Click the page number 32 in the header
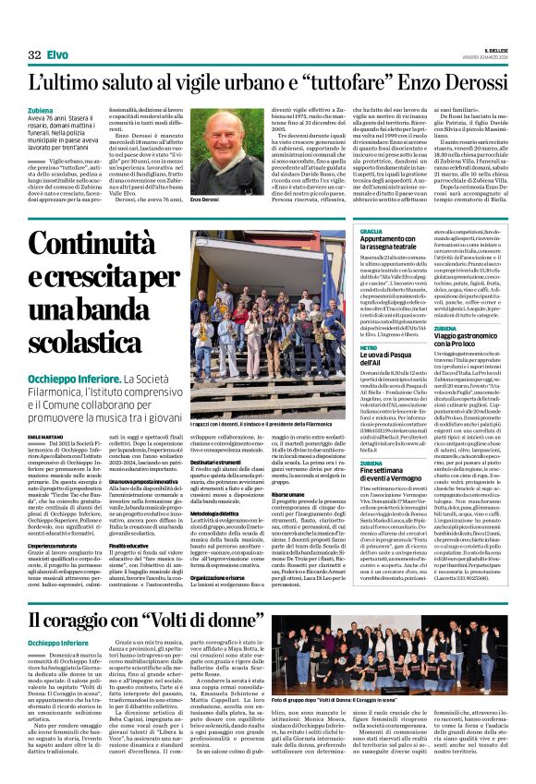coord(34,55)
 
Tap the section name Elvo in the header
coord(57,55)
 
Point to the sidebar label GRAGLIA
coord(371,231)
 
